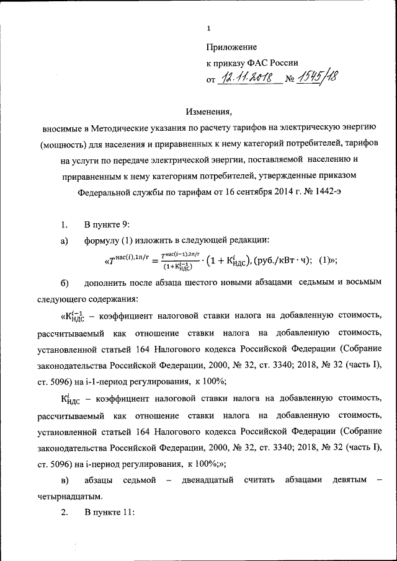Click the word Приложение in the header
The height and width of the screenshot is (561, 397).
coord(231,47)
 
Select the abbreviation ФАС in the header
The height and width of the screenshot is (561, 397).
coord(260,63)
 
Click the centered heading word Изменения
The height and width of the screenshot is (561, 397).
coord(209,112)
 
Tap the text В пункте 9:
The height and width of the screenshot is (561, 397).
coord(107,224)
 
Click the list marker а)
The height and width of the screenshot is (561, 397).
coord(64,241)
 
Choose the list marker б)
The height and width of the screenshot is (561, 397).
coord(64,284)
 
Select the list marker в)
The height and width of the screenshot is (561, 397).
coord(64,480)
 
